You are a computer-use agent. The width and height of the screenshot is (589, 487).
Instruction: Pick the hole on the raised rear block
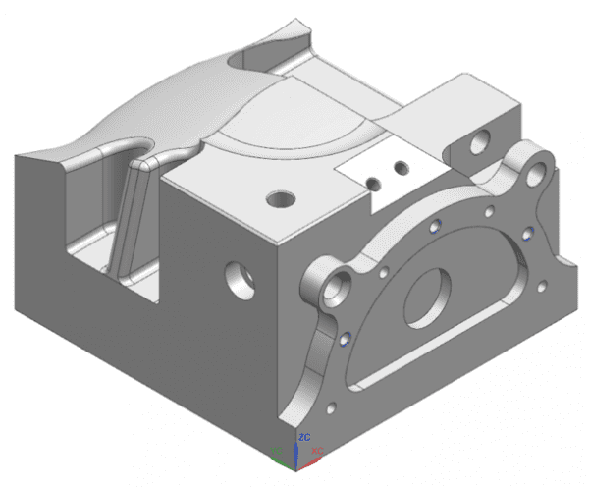(x=481, y=144)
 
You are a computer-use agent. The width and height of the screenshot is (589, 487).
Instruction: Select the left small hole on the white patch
(x=373, y=183)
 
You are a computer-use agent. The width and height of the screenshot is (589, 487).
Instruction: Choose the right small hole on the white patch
(x=399, y=169)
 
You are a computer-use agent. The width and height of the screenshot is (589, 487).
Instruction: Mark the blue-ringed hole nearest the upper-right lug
(x=527, y=234)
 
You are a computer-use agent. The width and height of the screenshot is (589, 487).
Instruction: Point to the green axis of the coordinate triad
(x=281, y=453)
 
